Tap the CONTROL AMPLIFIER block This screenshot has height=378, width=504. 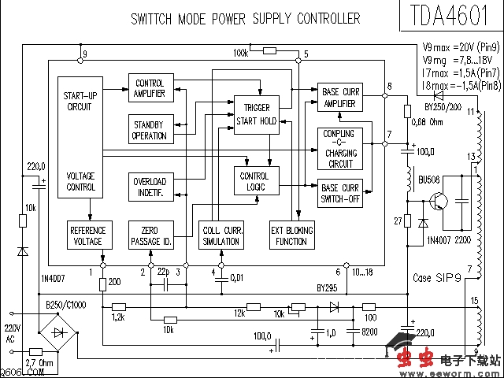click(150, 88)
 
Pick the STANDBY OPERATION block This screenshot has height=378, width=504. click(150, 130)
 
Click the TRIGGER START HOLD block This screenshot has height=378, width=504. click(257, 114)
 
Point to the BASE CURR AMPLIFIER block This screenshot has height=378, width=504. click(339, 97)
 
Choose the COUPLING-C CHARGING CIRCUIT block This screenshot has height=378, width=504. click(339, 148)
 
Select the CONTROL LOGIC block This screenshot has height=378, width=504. click(254, 181)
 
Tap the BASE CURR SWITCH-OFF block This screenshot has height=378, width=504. click(339, 193)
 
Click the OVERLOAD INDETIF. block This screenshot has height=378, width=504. click(150, 186)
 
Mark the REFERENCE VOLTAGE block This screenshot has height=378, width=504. click(87, 235)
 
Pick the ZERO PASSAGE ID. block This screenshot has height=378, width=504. click(150, 235)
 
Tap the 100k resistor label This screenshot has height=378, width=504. click(241, 52)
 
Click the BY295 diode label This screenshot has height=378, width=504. click(328, 288)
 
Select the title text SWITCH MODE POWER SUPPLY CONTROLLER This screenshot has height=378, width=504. click(246, 18)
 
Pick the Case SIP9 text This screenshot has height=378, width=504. click(438, 278)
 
